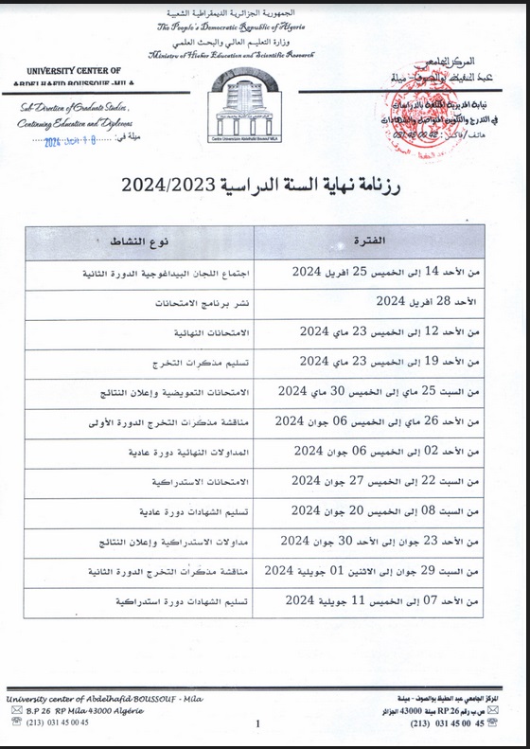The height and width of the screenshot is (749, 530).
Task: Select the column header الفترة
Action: point(376,241)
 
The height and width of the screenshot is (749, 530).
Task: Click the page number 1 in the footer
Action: point(257,724)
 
